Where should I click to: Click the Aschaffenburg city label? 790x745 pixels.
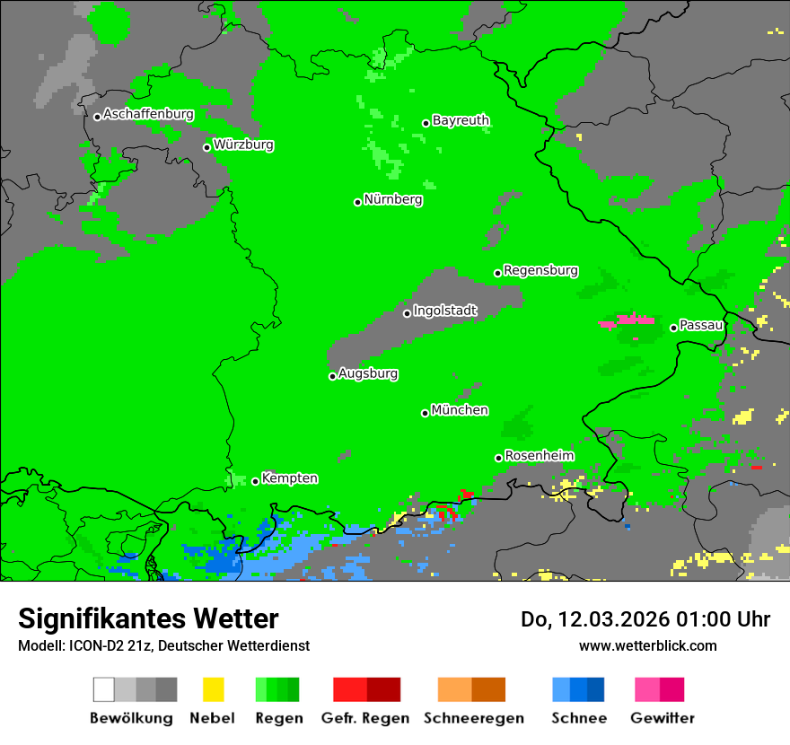(148, 115)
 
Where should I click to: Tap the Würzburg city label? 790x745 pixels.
(243, 145)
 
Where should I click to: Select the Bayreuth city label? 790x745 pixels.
(461, 120)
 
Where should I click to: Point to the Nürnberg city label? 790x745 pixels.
(392, 200)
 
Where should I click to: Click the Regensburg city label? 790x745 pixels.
(540, 270)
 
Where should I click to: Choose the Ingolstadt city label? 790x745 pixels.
(444, 311)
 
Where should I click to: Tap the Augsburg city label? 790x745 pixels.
(368, 373)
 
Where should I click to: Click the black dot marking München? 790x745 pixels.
(426, 413)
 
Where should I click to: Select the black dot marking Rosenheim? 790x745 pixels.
(498, 458)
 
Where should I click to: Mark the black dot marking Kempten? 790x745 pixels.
(256, 481)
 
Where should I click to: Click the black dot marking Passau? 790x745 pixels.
(674, 328)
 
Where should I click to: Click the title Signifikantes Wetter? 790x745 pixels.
(148, 618)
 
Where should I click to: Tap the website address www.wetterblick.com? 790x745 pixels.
(647, 645)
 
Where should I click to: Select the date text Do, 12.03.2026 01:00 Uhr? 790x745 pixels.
(645, 619)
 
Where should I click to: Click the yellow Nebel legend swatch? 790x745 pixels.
(213, 689)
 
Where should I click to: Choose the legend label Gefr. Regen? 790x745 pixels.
(364, 718)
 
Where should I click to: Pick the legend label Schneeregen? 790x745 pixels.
(473, 718)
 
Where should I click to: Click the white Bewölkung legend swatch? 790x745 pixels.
(104, 689)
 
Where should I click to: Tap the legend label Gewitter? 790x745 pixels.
(663, 718)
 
